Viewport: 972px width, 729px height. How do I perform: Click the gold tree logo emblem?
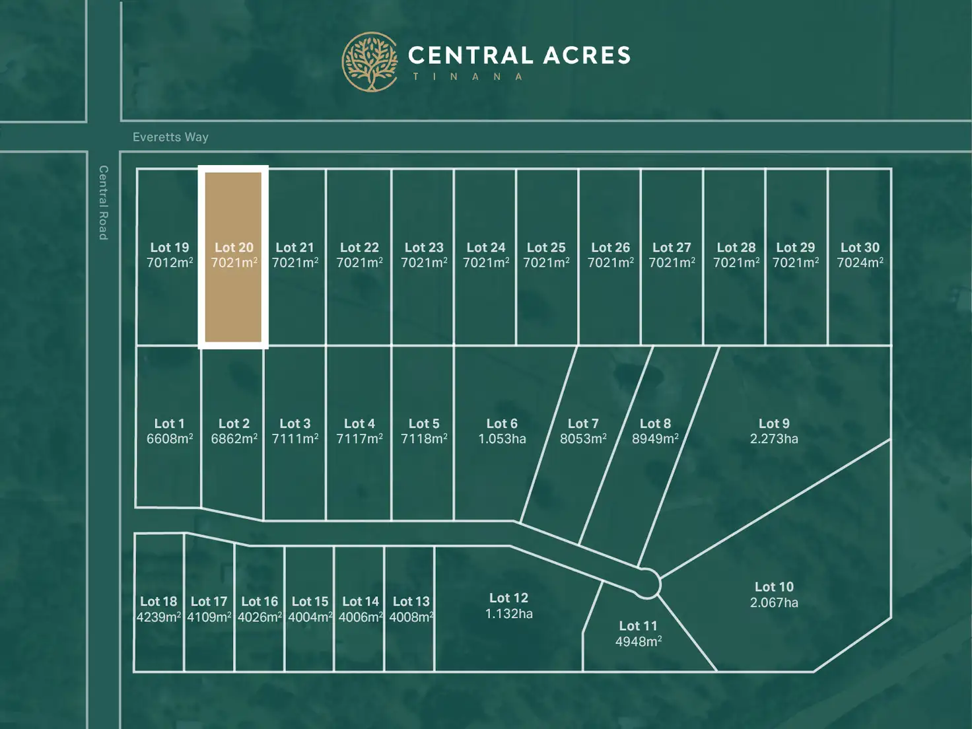pyautogui.click(x=370, y=61)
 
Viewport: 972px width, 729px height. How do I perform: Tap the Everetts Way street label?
pyautogui.click(x=170, y=137)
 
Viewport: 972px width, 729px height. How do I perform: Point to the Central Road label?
pyautogui.click(x=104, y=202)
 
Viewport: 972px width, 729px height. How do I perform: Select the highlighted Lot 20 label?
pyautogui.click(x=234, y=248)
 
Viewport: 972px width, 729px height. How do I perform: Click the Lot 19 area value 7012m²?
pyautogui.click(x=170, y=263)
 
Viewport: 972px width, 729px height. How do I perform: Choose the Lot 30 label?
pyautogui.click(x=860, y=248)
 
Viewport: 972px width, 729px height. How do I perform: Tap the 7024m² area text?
pyautogui.click(x=860, y=263)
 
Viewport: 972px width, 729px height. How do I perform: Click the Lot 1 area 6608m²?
pyautogui.click(x=170, y=439)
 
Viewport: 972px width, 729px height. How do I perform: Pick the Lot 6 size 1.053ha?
pyautogui.click(x=502, y=439)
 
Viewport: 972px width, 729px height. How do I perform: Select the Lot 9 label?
pyautogui.click(x=774, y=424)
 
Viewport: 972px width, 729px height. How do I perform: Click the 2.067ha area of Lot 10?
pyautogui.click(x=774, y=603)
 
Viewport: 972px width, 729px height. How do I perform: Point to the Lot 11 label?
pyautogui.click(x=638, y=626)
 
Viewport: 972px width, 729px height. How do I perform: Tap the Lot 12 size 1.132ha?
pyautogui.click(x=508, y=614)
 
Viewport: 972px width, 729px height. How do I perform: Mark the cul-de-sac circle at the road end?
pyautogui.click(x=647, y=584)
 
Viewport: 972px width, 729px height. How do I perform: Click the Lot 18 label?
pyautogui.click(x=158, y=602)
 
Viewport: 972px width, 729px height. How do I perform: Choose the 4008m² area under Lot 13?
pyautogui.click(x=411, y=617)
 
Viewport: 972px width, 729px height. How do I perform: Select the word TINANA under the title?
pyautogui.click(x=468, y=77)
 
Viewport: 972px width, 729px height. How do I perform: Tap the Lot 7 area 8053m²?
pyautogui.click(x=583, y=439)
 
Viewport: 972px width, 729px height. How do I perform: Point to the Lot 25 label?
pyautogui.click(x=546, y=248)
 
